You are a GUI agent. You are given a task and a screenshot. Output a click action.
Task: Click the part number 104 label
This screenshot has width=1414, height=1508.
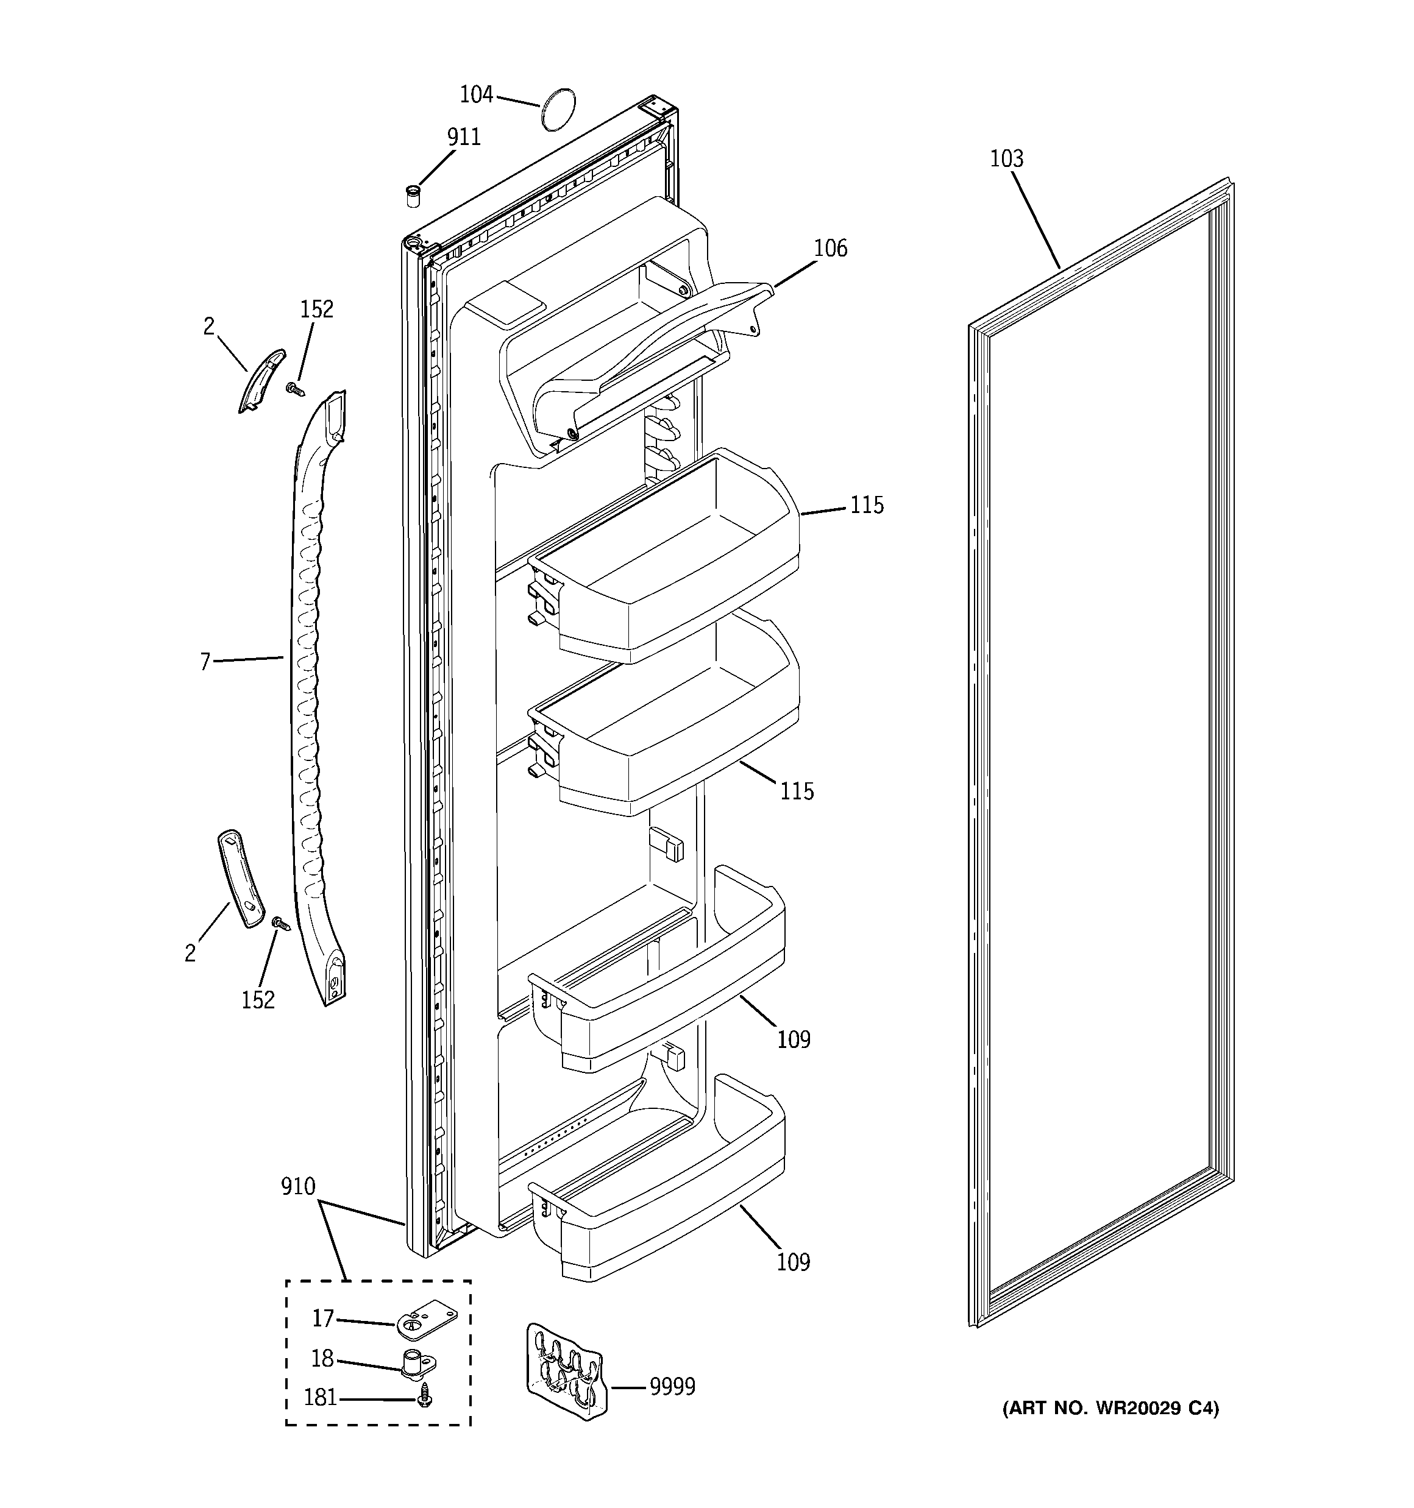click(476, 95)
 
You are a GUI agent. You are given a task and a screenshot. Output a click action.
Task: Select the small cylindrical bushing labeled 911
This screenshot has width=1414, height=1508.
click(412, 195)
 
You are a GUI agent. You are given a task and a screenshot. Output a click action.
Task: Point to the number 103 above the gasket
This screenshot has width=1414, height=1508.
click(1006, 158)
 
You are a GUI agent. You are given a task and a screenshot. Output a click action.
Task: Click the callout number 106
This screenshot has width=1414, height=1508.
click(830, 248)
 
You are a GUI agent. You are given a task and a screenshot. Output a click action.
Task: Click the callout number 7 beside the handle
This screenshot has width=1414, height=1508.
click(205, 662)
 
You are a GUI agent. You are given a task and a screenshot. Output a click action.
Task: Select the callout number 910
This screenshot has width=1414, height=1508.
click(297, 1186)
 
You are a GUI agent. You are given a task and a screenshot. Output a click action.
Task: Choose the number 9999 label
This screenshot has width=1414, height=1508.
click(672, 1387)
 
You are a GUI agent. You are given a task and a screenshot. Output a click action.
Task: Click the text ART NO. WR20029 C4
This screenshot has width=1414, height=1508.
click(1110, 1409)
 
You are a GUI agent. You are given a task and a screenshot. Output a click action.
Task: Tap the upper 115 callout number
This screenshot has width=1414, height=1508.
click(866, 505)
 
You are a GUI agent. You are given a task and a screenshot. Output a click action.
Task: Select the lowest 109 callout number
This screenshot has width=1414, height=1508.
click(793, 1262)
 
